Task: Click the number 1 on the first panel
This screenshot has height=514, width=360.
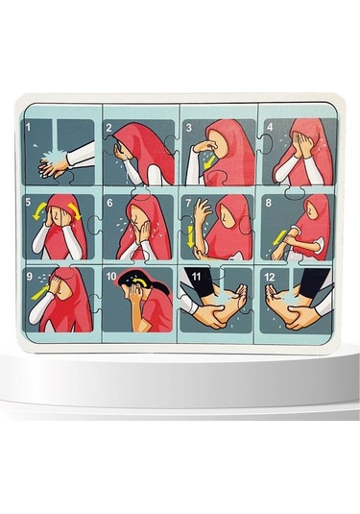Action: pyautogui.click(x=30, y=126)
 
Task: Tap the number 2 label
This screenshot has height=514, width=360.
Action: pyautogui.click(x=109, y=127)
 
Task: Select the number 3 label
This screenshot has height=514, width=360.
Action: pyautogui.click(x=190, y=127)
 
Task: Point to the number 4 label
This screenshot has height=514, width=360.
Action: pyautogui.click(x=269, y=126)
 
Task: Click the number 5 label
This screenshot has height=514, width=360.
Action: pyautogui.click(x=31, y=204)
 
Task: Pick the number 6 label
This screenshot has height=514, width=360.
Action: pyautogui.click(x=110, y=204)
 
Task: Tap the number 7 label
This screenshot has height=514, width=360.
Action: pyautogui.click(x=190, y=204)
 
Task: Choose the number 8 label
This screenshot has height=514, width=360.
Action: pyautogui.click(x=268, y=204)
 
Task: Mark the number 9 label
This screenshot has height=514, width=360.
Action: pyautogui.click(x=31, y=279)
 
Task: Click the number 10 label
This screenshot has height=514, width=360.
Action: pyautogui.click(x=112, y=280)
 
